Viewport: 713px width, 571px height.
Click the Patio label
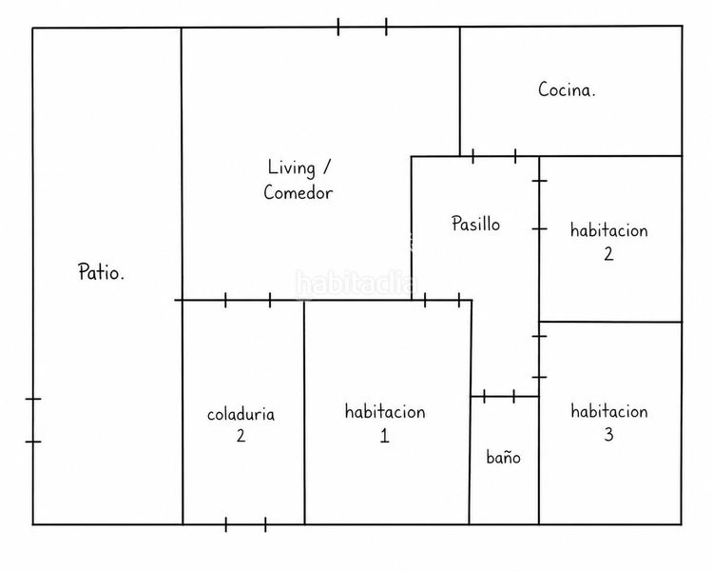(101, 272)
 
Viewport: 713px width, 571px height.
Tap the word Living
(292, 167)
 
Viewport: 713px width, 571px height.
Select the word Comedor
(299, 192)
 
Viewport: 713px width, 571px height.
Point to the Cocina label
(567, 89)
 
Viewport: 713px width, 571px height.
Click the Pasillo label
(475, 223)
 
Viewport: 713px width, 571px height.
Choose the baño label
(503, 457)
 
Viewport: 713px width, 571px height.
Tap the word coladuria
(241, 414)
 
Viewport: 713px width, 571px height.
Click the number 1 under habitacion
(385, 436)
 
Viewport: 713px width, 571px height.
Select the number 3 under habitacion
(608, 434)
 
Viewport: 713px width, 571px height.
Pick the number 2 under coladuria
(241, 436)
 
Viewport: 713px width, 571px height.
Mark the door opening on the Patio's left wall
(32, 420)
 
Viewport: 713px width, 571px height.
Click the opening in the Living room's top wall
(362, 27)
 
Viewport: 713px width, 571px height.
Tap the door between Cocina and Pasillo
(493, 156)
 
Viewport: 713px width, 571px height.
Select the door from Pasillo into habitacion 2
(539, 205)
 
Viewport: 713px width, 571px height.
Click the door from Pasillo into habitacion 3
(539, 357)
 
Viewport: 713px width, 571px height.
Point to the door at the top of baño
(499, 396)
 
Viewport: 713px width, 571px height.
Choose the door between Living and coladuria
(248, 300)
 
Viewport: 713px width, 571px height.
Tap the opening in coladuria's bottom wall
(245, 524)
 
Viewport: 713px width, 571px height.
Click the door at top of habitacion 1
(442, 300)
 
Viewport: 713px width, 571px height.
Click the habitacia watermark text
(356, 284)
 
